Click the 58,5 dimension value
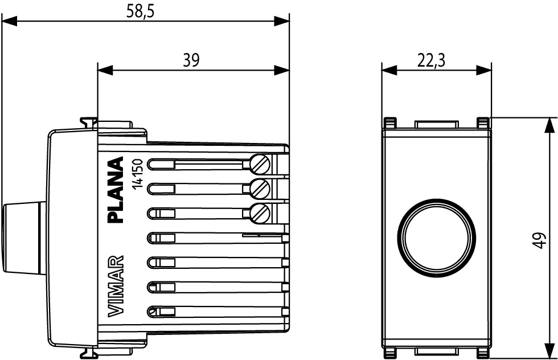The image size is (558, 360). (x=140, y=11)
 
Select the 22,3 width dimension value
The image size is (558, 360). (x=431, y=60)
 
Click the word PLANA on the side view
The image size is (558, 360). (x=116, y=190)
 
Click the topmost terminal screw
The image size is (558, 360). (x=261, y=164)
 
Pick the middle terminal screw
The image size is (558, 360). (x=261, y=187)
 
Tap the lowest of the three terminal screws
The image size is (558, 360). (x=261, y=212)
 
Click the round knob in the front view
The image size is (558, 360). (x=436, y=236)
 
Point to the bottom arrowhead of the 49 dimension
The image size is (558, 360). (x=550, y=351)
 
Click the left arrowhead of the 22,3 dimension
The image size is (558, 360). (x=389, y=70)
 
